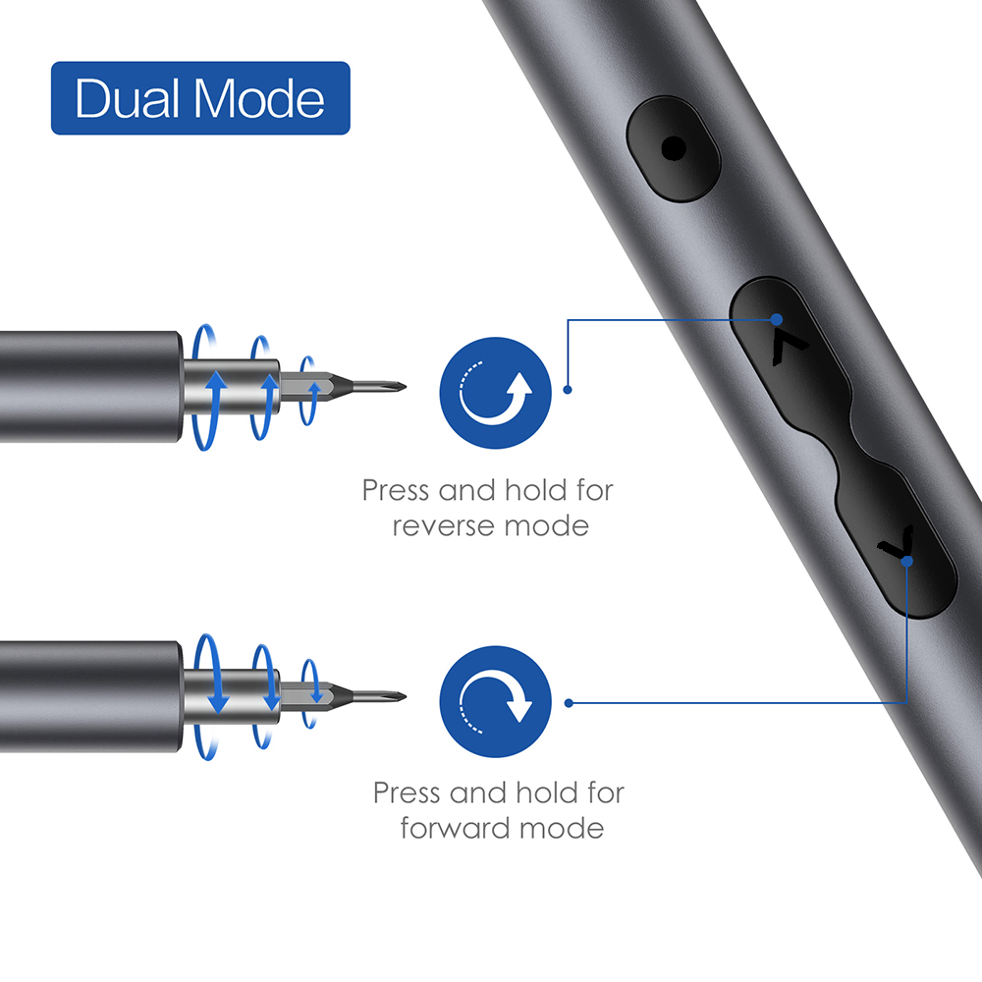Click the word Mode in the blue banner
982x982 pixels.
(260, 99)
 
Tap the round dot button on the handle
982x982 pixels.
(673, 149)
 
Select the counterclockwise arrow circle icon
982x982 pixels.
(496, 391)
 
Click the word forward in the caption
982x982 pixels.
(456, 828)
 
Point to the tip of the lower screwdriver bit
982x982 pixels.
(405, 698)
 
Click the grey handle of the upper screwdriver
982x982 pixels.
(88, 386)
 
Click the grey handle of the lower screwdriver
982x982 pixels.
(88, 696)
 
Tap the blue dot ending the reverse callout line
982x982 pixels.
(568, 390)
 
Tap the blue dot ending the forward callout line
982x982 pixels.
(570, 703)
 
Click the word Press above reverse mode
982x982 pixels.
(397, 489)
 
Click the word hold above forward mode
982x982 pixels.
(539, 791)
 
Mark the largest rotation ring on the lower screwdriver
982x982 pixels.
(209, 698)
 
